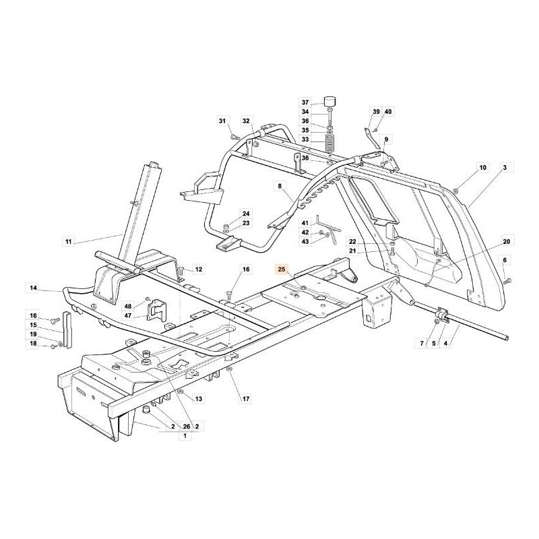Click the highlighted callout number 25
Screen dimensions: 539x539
282,268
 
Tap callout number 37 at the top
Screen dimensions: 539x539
305,102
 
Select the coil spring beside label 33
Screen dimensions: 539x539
330,143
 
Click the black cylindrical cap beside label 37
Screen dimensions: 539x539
330,102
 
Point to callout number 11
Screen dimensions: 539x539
67,241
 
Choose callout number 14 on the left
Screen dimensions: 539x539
34,288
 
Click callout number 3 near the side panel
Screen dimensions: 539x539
504,166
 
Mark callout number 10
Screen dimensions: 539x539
482,166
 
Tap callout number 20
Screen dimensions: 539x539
507,241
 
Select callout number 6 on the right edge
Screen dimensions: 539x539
505,259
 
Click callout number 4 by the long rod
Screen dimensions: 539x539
463,344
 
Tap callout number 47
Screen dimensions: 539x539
128,315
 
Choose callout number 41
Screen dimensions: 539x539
305,223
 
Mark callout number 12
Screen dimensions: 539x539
198,269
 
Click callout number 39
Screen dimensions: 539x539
376,111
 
